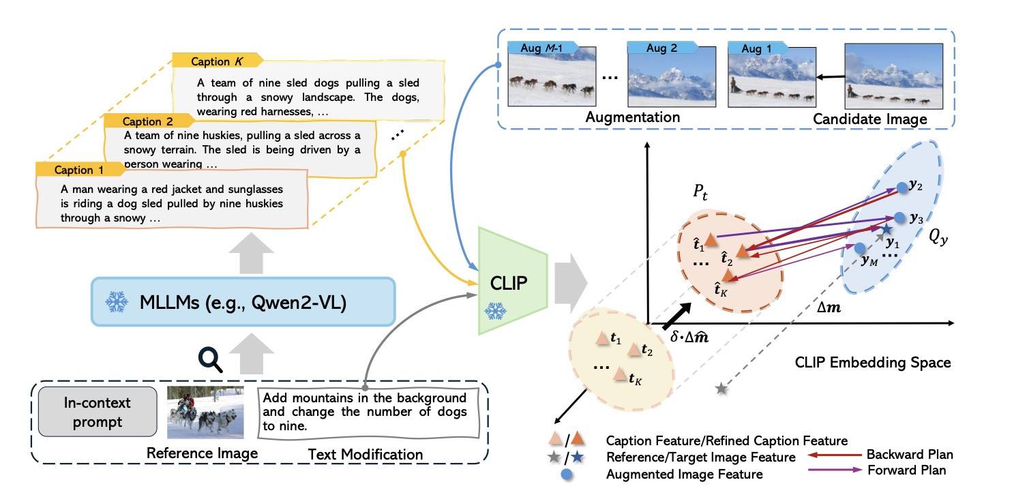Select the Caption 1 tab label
coord(80,170)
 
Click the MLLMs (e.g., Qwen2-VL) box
coord(243,302)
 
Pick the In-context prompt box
coord(98,412)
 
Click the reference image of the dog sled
coord(205,412)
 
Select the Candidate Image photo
coord(893,76)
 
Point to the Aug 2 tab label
coord(662,48)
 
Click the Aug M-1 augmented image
coord(552,77)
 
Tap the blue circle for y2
coord(902,187)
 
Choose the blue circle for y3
coord(900,217)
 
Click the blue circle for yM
coord(860,248)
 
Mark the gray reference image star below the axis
coord(721,389)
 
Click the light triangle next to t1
coord(601,339)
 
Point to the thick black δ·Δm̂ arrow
coord(676,316)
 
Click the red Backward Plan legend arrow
coord(835,455)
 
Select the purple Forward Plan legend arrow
coord(835,470)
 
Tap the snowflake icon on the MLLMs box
coord(117,302)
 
